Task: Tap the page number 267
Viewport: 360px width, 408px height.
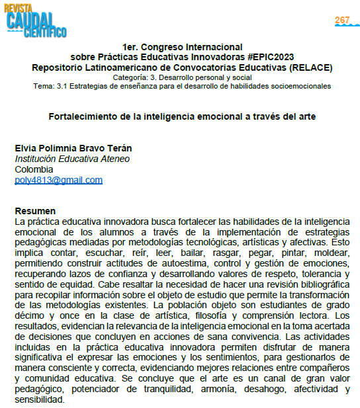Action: tap(342, 20)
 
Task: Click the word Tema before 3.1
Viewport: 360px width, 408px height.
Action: tap(43, 87)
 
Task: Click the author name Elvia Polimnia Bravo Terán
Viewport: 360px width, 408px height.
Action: tap(73, 148)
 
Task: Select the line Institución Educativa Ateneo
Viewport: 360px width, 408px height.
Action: tap(72, 159)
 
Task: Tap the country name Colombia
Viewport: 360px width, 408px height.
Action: tap(33, 169)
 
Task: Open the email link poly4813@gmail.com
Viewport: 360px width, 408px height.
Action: tap(58, 180)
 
